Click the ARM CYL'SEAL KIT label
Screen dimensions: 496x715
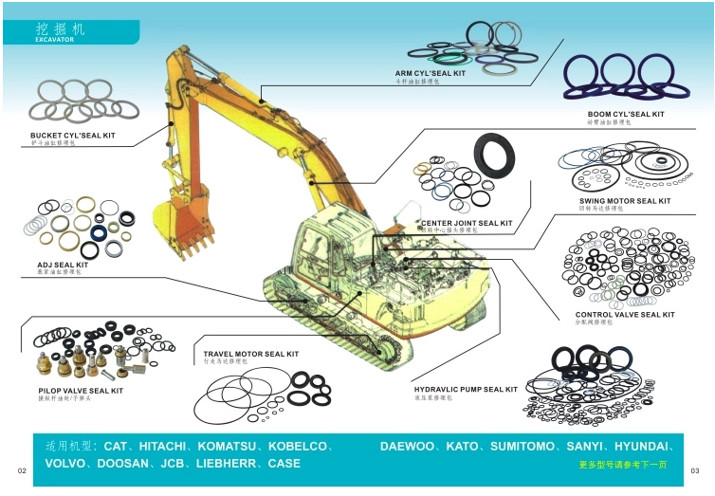431,73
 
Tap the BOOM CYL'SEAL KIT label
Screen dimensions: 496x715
625,114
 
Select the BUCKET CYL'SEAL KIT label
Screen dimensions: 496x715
72,136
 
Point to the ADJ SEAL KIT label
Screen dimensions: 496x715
63,265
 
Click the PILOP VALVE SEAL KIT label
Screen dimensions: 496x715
81,390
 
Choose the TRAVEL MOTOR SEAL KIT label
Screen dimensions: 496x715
250,354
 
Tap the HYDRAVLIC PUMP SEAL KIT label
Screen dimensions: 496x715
466,389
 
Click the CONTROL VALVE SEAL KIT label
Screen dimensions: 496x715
625,315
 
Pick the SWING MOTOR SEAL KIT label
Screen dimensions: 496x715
624,201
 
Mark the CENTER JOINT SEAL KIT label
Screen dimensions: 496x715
467,223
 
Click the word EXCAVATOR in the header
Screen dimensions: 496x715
54,41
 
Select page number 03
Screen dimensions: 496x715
695,470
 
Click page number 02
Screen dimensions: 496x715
21,470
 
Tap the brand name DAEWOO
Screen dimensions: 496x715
409,445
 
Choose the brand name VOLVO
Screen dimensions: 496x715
67,464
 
